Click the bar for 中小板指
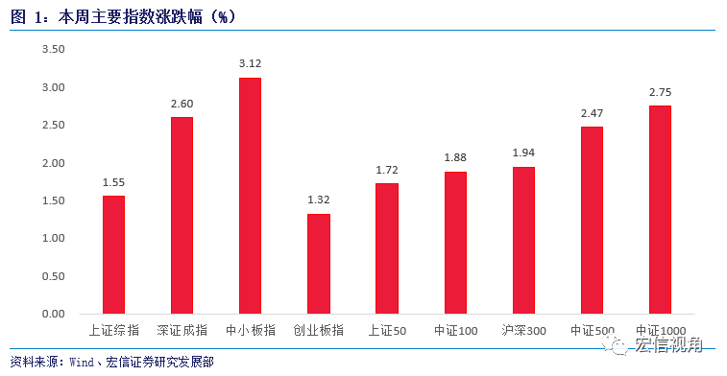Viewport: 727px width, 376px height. pos(250,196)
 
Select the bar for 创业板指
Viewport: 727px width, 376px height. pos(319,264)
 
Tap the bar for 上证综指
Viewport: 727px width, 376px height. pos(113,254)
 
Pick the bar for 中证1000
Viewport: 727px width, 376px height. pos(660,209)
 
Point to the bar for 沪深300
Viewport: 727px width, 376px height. pos(523,240)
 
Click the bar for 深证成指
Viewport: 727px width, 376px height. pos(182,215)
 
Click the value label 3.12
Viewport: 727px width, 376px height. pos(250,64)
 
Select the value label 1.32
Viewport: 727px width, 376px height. pos(319,200)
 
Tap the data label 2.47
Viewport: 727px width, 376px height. pos(592,113)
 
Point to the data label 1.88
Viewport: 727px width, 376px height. pos(455,157)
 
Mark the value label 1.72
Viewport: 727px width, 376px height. pos(387,170)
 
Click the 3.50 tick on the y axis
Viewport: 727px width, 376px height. pos(53,50)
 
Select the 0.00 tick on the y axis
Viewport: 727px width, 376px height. pos(53,314)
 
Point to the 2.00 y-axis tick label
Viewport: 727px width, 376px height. pos(53,163)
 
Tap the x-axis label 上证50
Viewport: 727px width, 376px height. pos(387,331)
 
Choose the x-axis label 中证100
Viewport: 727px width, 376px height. pos(455,331)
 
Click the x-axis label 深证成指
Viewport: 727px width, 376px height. pos(182,331)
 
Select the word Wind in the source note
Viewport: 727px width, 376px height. pos(83,362)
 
